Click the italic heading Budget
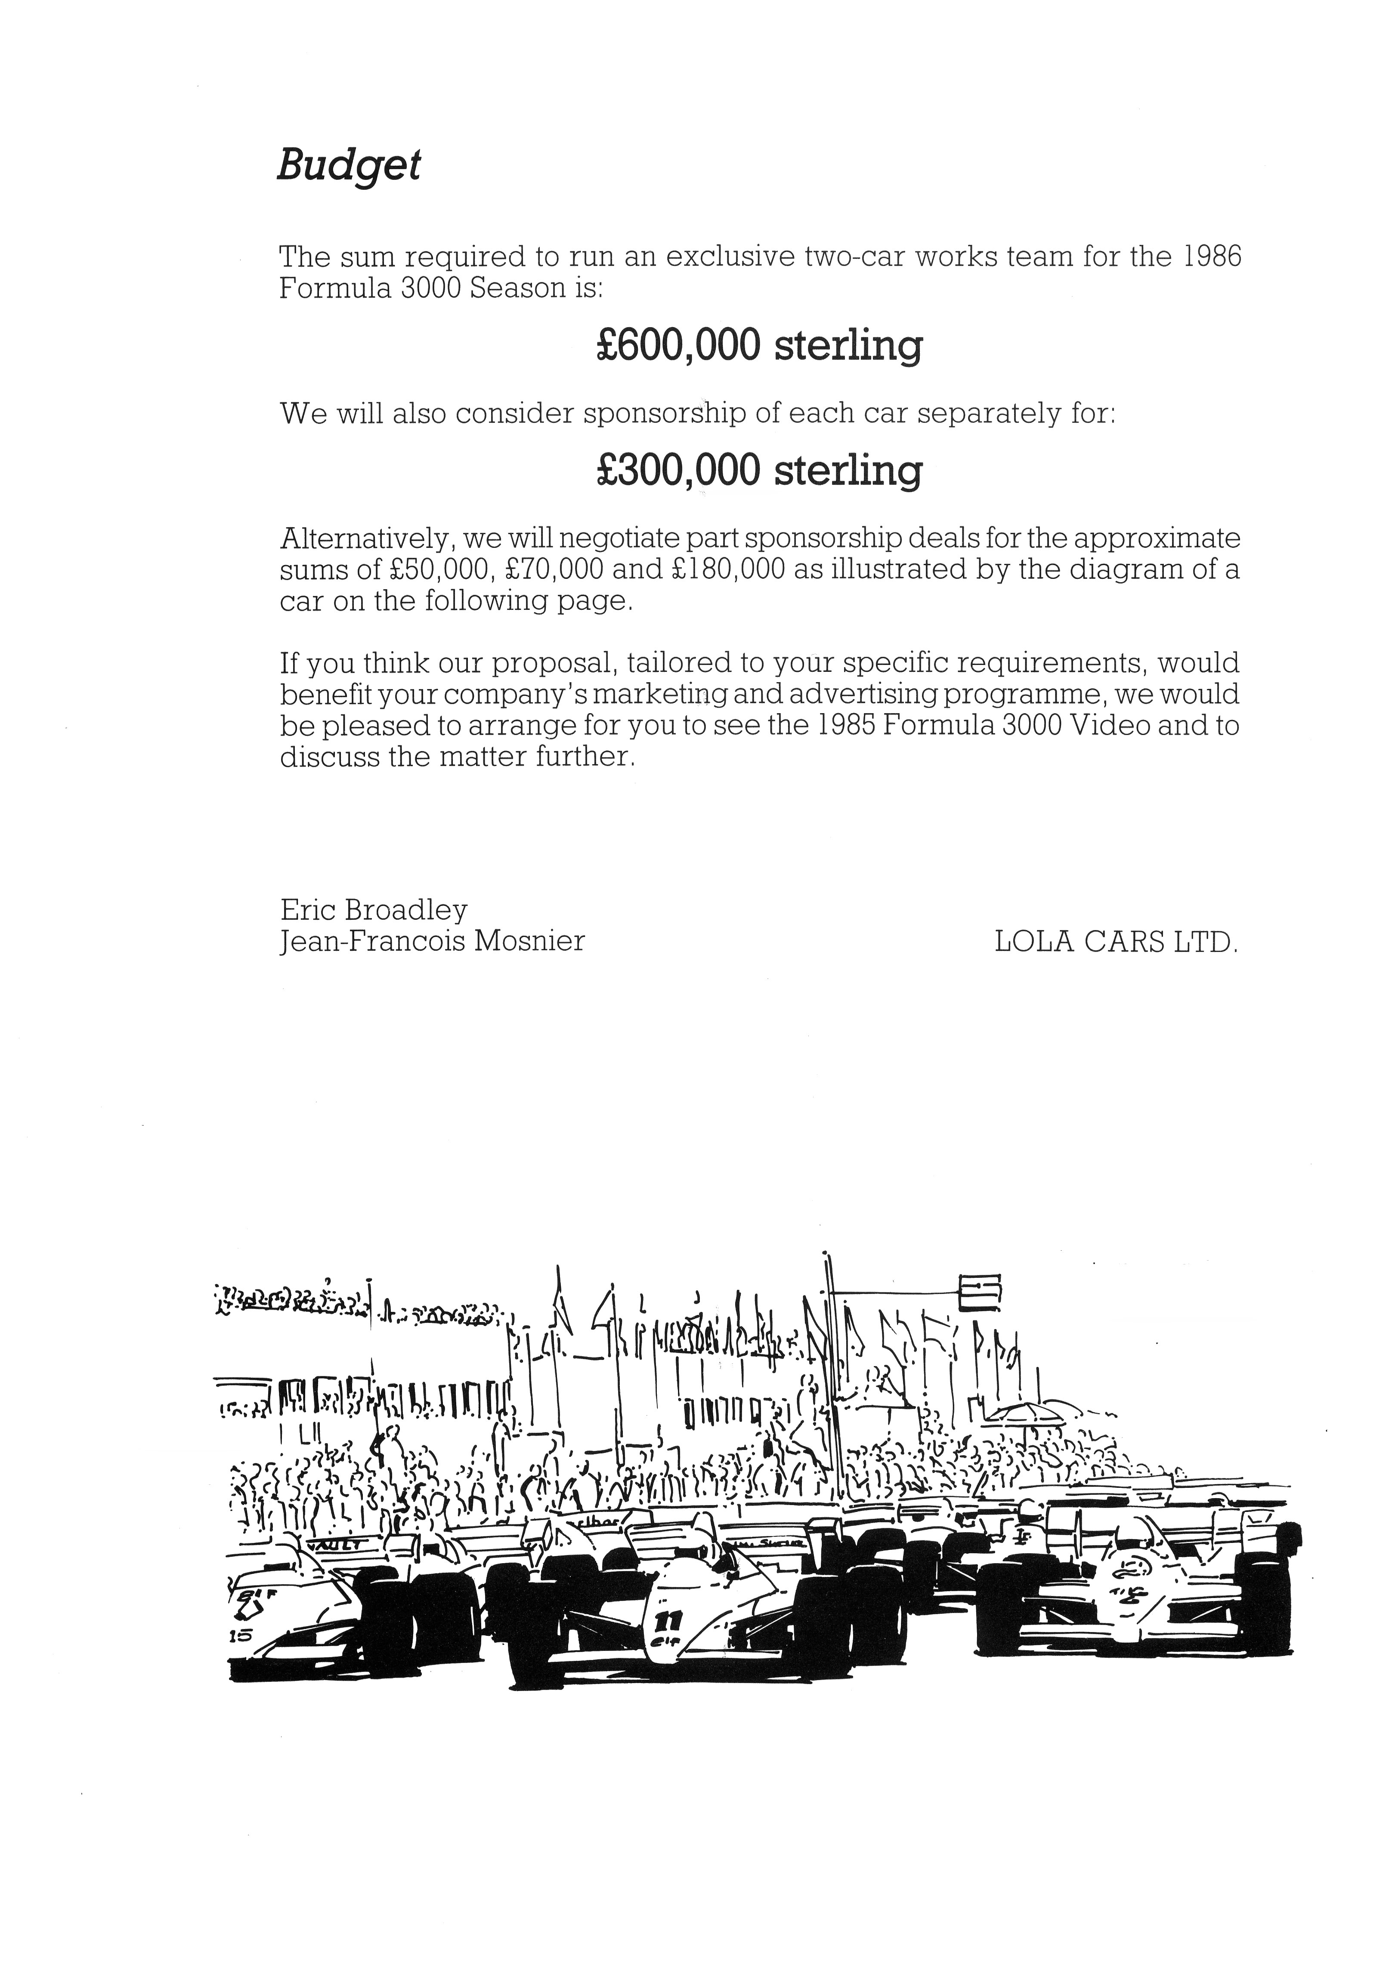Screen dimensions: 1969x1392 [x=348, y=165]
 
